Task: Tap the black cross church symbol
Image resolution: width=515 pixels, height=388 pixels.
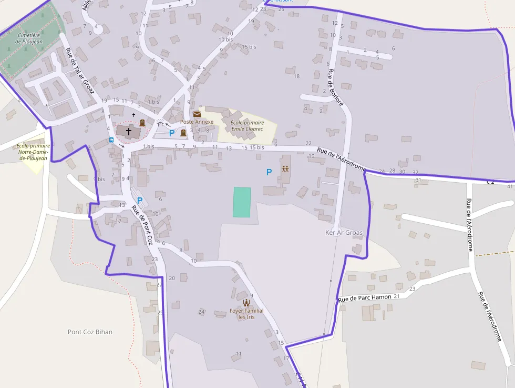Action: point(129,131)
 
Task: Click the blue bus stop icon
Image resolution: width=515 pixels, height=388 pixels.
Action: point(111,140)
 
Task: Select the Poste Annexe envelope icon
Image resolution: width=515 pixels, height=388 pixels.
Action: point(197,114)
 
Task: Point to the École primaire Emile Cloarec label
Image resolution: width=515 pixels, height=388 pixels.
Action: point(247,125)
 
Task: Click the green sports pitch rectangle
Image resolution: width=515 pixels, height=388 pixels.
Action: point(242,202)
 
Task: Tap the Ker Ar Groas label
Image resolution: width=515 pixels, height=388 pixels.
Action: point(344,233)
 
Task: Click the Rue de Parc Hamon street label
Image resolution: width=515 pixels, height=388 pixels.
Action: point(365,298)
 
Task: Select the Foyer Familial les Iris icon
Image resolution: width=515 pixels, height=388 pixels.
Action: point(246,303)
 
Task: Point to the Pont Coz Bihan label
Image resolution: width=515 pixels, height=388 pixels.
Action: point(90,332)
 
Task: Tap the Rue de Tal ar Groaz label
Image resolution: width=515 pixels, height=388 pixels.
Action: point(79,71)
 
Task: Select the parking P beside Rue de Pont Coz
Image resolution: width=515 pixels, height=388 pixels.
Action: point(140,200)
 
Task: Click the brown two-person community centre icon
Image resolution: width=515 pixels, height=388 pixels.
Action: point(285,170)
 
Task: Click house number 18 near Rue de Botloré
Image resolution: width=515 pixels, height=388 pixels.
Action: point(296,76)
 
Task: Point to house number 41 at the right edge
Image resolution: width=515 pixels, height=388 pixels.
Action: point(510,186)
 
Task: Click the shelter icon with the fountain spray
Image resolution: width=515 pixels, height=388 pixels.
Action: point(160,123)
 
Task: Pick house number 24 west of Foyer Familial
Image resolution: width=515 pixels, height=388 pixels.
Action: point(201,312)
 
